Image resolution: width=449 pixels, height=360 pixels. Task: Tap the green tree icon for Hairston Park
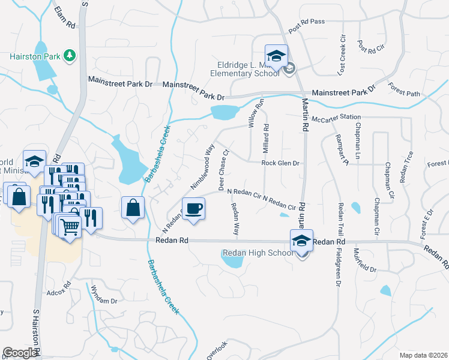pos(70,56)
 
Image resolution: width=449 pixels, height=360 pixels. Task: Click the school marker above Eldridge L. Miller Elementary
pos(276,56)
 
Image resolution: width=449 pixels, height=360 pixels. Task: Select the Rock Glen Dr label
pos(280,163)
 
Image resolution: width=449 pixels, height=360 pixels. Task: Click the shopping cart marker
pos(70,227)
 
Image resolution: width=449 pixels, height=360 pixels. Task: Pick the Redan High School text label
pos(258,253)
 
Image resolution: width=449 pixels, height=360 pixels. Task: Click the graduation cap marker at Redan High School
pos(302,241)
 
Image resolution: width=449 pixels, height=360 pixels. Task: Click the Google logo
pos(20,353)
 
